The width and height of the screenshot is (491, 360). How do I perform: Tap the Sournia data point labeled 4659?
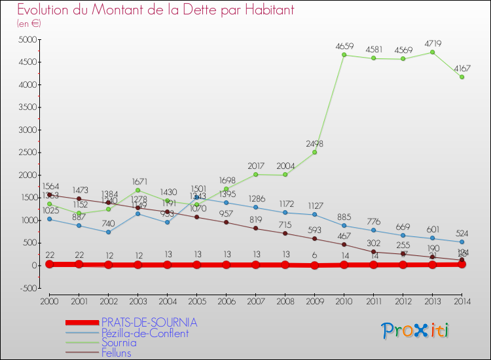click(x=344, y=55)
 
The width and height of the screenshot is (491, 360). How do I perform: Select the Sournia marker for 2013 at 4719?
click(x=433, y=52)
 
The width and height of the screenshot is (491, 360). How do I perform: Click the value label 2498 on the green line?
click(x=315, y=144)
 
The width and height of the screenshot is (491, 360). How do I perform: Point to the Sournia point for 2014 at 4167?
click(x=462, y=77)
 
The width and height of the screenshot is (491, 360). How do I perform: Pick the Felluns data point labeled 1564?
click(x=49, y=194)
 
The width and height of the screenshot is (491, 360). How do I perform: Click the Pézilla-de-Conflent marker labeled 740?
click(x=108, y=232)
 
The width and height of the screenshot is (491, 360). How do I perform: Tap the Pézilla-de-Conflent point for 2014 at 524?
click(x=462, y=242)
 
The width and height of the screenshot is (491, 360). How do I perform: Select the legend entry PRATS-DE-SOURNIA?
click(x=149, y=323)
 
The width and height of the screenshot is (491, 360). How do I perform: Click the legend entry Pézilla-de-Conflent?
click(x=145, y=333)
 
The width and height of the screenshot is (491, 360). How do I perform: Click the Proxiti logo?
click(x=416, y=331)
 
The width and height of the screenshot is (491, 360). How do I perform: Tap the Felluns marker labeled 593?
click(x=315, y=238)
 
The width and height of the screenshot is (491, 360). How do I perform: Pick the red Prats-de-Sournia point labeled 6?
click(x=315, y=265)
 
